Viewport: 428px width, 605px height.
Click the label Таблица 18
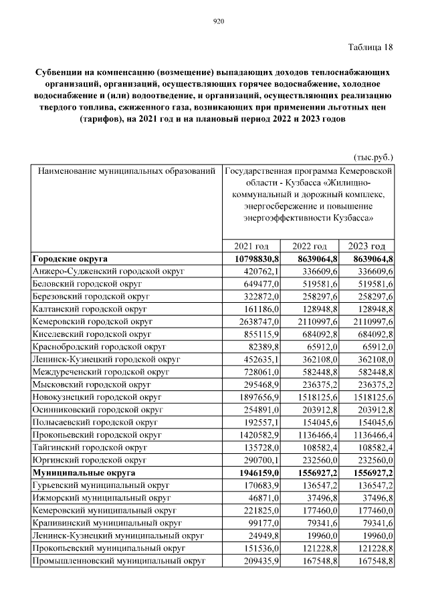[370, 47]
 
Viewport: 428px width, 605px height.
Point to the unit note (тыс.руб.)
[372, 158]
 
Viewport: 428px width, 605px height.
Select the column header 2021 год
[252, 246]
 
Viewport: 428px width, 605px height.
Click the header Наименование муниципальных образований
[126, 171]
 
